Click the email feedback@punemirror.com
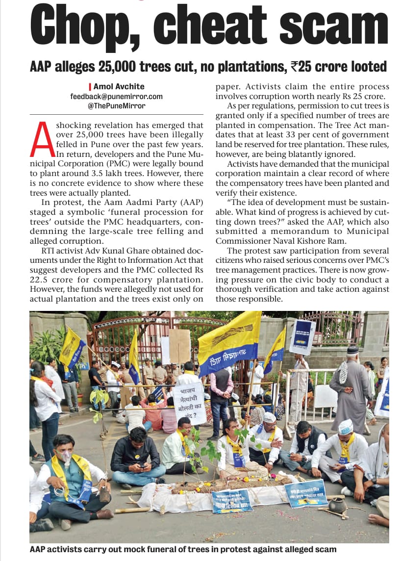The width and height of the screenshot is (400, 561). pos(116,97)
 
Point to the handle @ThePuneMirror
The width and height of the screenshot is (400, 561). pos(116,105)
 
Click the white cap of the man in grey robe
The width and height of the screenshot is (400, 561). pos(353,351)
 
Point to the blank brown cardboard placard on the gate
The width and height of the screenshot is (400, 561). pos(179,345)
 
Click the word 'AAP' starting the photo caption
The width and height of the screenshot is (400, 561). pos(39,550)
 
